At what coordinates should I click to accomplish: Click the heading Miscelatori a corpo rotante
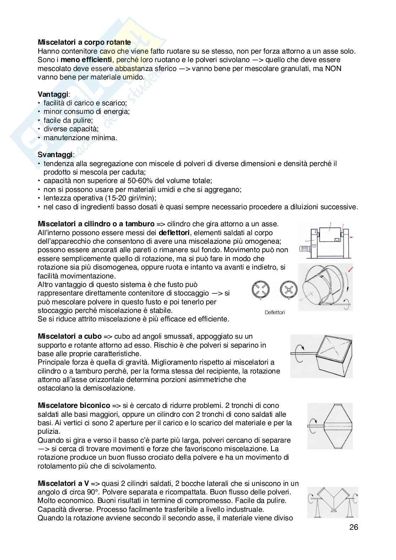click(84, 43)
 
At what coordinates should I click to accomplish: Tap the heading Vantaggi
click(53, 94)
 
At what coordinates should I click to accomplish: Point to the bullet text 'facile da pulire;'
click(68, 120)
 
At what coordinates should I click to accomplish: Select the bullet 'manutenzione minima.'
click(80, 138)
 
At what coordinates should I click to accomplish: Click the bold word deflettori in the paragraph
click(174, 233)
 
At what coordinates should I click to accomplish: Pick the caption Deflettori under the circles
click(275, 312)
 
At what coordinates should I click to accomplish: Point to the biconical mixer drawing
click(329, 426)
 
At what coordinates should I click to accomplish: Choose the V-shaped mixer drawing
click(332, 503)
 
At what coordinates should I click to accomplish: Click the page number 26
click(353, 527)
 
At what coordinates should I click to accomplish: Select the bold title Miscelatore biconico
click(74, 406)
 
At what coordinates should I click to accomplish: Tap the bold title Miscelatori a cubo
click(70, 336)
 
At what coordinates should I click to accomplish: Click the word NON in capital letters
click(333, 68)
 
